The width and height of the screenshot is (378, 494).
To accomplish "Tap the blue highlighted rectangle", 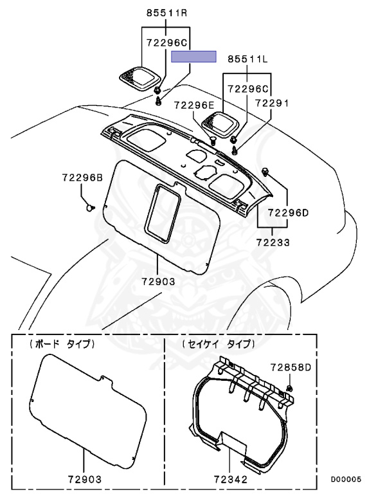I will point(194,57).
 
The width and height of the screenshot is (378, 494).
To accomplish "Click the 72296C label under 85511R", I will point(166,42).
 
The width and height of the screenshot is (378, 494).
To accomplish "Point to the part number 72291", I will point(273,102).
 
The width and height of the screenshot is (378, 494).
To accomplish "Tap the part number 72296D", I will point(289,212).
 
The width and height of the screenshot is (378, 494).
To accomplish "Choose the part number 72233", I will point(273,243).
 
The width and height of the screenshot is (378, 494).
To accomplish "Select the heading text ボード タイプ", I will point(62,344).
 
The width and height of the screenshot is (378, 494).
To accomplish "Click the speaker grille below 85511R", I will point(139,78).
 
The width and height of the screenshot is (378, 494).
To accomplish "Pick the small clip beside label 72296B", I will point(92,207).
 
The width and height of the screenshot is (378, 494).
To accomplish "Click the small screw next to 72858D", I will point(290,388).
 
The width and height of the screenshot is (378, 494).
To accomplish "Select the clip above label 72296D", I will point(265,170).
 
